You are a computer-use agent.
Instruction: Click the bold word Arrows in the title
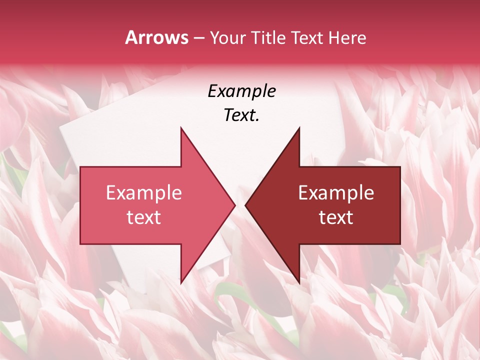click(156, 37)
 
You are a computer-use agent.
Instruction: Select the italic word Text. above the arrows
click(241, 115)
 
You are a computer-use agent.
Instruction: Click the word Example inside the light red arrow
click(144, 192)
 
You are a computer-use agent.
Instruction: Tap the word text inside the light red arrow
click(144, 217)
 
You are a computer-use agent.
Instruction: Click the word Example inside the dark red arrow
click(336, 192)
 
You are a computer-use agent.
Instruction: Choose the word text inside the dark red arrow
click(336, 217)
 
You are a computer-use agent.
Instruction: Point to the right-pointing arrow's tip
click(235, 205)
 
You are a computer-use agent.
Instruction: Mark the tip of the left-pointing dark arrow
click(245, 205)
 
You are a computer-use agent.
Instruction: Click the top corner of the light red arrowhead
click(181, 127)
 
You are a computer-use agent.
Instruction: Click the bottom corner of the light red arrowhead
click(181, 283)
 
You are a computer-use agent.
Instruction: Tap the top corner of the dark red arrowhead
click(299, 127)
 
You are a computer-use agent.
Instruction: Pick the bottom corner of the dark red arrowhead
click(299, 283)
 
